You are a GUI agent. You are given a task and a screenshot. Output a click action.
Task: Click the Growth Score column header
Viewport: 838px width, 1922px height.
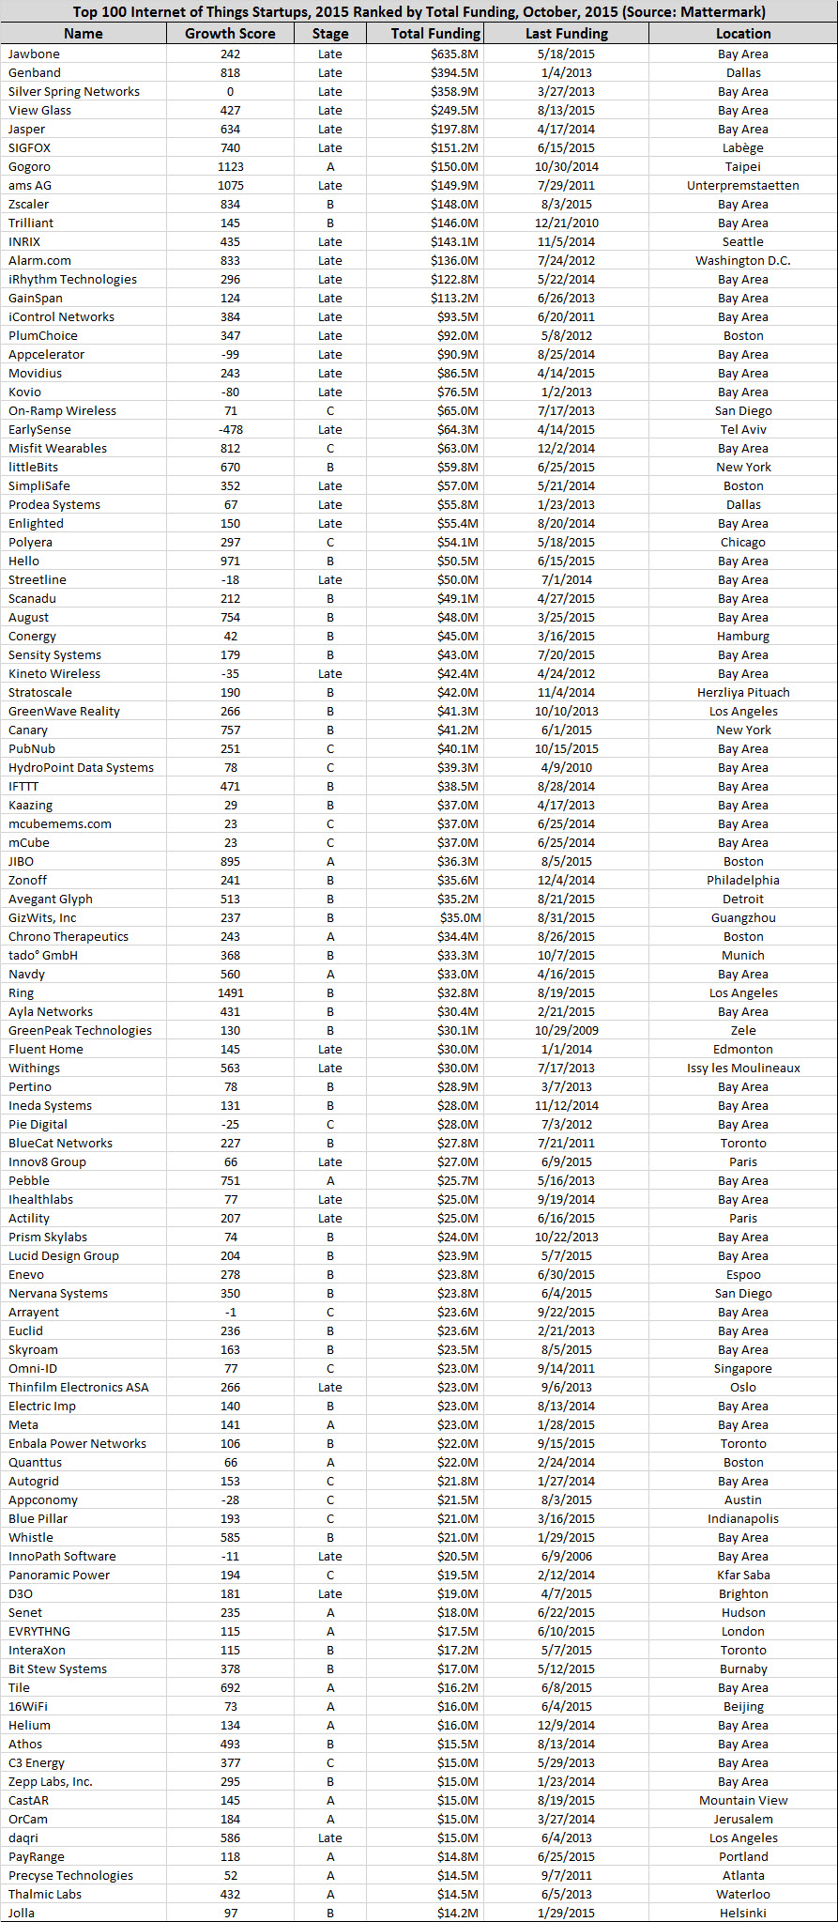coord(230,34)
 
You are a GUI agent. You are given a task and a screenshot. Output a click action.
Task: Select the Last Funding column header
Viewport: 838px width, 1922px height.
coord(566,34)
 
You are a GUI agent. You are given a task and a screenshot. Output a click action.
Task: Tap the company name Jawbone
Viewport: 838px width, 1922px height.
coord(34,54)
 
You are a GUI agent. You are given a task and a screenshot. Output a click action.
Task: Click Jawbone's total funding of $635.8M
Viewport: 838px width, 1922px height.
coord(454,54)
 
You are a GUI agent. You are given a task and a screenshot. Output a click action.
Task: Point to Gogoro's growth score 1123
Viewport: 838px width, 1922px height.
coord(230,167)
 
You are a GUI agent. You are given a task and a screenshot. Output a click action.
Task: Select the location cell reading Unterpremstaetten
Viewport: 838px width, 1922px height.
coord(742,186)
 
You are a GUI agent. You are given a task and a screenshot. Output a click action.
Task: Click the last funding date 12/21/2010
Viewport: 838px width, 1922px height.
coord(566,223)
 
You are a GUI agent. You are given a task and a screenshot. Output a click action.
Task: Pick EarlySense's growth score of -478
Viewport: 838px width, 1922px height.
coord(230,430)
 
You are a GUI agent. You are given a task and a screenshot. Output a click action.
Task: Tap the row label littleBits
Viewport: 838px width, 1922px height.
coord(33,468)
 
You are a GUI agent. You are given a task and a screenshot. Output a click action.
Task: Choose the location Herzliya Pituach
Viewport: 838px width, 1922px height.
coord(742,693)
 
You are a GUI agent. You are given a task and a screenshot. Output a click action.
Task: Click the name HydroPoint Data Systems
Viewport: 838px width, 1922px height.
coord(81,768)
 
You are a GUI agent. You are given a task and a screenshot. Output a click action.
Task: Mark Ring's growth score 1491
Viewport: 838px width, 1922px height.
coord(230,993)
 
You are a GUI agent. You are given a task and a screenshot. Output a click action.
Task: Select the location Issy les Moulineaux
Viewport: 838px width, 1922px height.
coord(742,1069)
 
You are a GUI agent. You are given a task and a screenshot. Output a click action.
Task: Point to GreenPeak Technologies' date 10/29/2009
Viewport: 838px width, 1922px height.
coord(566,1031)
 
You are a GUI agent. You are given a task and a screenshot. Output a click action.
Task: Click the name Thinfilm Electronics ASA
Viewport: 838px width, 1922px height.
coord(78,1388)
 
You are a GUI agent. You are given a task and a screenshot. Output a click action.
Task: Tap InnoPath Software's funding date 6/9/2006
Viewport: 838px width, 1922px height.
coord(566,1557)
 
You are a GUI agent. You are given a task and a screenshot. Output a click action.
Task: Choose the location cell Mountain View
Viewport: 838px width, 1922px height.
coord(742,1801)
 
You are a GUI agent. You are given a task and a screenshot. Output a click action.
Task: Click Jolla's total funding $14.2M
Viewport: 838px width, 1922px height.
coord(457,1914)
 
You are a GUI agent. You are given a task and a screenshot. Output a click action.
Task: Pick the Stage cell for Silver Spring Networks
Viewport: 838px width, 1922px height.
coord(329,92)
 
